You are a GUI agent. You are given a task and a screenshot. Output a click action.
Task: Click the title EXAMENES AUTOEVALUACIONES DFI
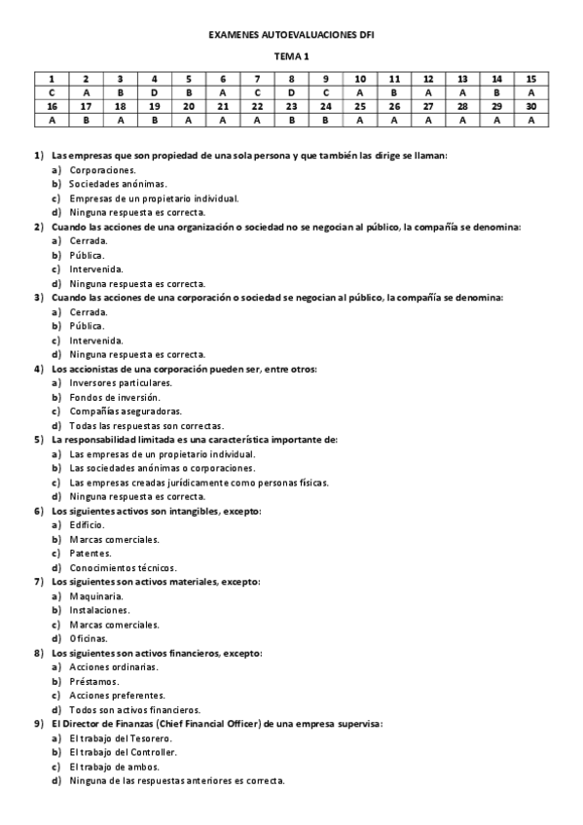click(291, 35)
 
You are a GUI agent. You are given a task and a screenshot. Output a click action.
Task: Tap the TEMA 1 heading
click(291, 57)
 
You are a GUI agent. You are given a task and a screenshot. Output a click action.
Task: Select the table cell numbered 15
click(530, 78)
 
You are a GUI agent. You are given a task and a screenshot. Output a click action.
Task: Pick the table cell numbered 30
click(530, 106)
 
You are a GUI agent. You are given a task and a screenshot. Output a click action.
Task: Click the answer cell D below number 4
click(154, 92)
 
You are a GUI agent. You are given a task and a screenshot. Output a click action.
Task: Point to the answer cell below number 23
click(291, 121)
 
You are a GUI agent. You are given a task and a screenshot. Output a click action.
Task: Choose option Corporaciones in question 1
click(102, 169)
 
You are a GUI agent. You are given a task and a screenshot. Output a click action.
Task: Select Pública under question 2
click(87, 255)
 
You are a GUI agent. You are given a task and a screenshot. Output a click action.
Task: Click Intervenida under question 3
click(95, 341)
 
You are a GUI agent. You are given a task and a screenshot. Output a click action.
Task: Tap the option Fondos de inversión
click(115, 397)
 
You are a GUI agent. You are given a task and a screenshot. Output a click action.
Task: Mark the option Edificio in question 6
click(88, 525)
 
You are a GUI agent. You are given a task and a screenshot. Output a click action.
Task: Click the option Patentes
click(91, 554)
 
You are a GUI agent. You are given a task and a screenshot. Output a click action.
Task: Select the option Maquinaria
click(95, 596)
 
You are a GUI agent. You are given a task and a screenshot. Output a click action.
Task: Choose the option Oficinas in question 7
click(89, 638)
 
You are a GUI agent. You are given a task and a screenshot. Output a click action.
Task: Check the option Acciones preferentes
click(117, 696)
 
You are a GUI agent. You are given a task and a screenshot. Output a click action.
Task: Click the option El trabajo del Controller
click(123, 752)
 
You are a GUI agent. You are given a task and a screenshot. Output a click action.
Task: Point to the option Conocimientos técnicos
click(123, 567)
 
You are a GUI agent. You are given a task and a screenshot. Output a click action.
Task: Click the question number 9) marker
click(39, 724)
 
